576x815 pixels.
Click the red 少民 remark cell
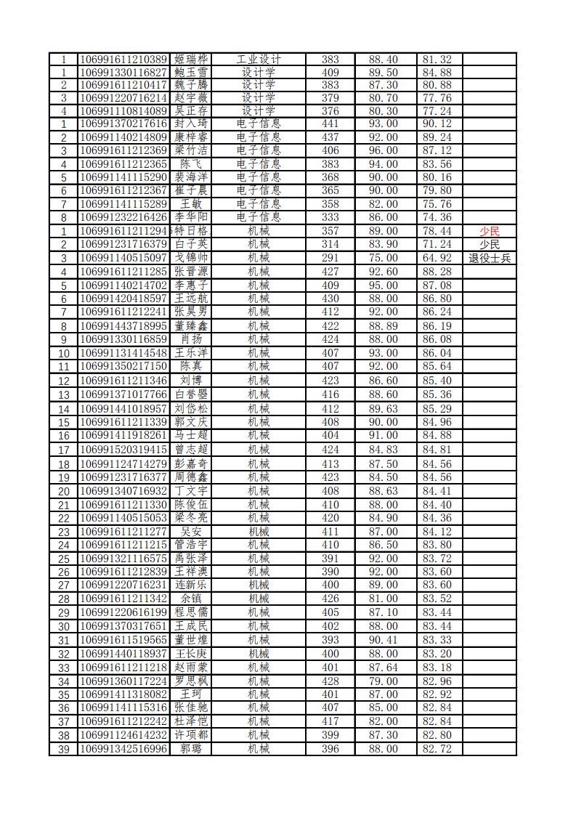[x=490, y=230]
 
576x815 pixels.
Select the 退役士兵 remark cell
[x=490, y=258]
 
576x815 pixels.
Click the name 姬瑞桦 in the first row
[x=191, y=60]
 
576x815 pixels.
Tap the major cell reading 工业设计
[x=259, y=60]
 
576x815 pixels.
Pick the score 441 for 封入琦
[x=330, y=123]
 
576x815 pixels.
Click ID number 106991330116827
[x=123, y=73]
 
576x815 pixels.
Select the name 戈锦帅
[x=191, y=258]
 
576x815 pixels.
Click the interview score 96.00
[x=384, y=150]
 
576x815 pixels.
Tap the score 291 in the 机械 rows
[x=330, y=258]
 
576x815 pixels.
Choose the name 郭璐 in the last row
[x=191, y=749]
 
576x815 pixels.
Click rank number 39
[x=64, y=749]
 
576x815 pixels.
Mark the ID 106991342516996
[x=123, y=749]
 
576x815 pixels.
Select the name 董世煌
[x=191, y=640]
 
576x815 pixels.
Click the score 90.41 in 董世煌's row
[x=384, y=640]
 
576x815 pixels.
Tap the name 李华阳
[x=191, y=216]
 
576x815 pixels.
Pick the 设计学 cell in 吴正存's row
[x=259, y=111]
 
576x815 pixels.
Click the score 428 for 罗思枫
[x=330, y=681]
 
